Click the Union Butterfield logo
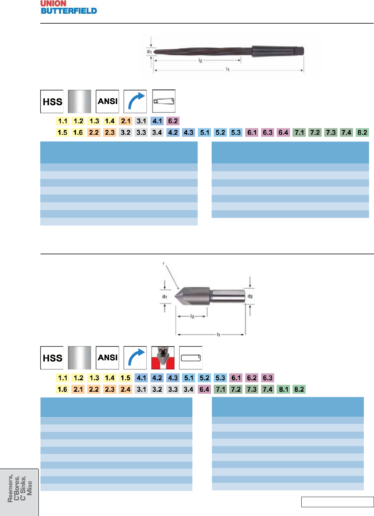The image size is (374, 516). coord(69,7)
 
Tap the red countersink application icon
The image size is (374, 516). coord(163,358)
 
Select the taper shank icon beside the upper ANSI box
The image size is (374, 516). coord(164,101)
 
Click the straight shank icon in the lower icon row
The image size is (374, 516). coord(191,358)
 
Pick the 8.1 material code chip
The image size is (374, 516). coord(283,389)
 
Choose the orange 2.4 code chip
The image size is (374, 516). coord(125,389)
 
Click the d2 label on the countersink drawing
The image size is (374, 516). coord(250,296)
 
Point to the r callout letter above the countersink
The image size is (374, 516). coord(164,263)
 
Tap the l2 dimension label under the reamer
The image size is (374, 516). coord(200,60)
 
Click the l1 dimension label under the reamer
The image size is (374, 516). coord(228,69)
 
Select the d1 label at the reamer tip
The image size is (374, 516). coord(149,52)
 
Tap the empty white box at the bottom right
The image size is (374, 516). coord(337,502)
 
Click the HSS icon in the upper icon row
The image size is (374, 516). coord(52,101)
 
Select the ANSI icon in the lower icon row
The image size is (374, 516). coord(108,358)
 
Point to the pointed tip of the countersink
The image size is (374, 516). coord(176,296)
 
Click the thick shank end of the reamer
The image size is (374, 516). coord(277,51)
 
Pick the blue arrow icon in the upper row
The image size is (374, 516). coord(135,101)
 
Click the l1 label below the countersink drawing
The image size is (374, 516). coord(218,334)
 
